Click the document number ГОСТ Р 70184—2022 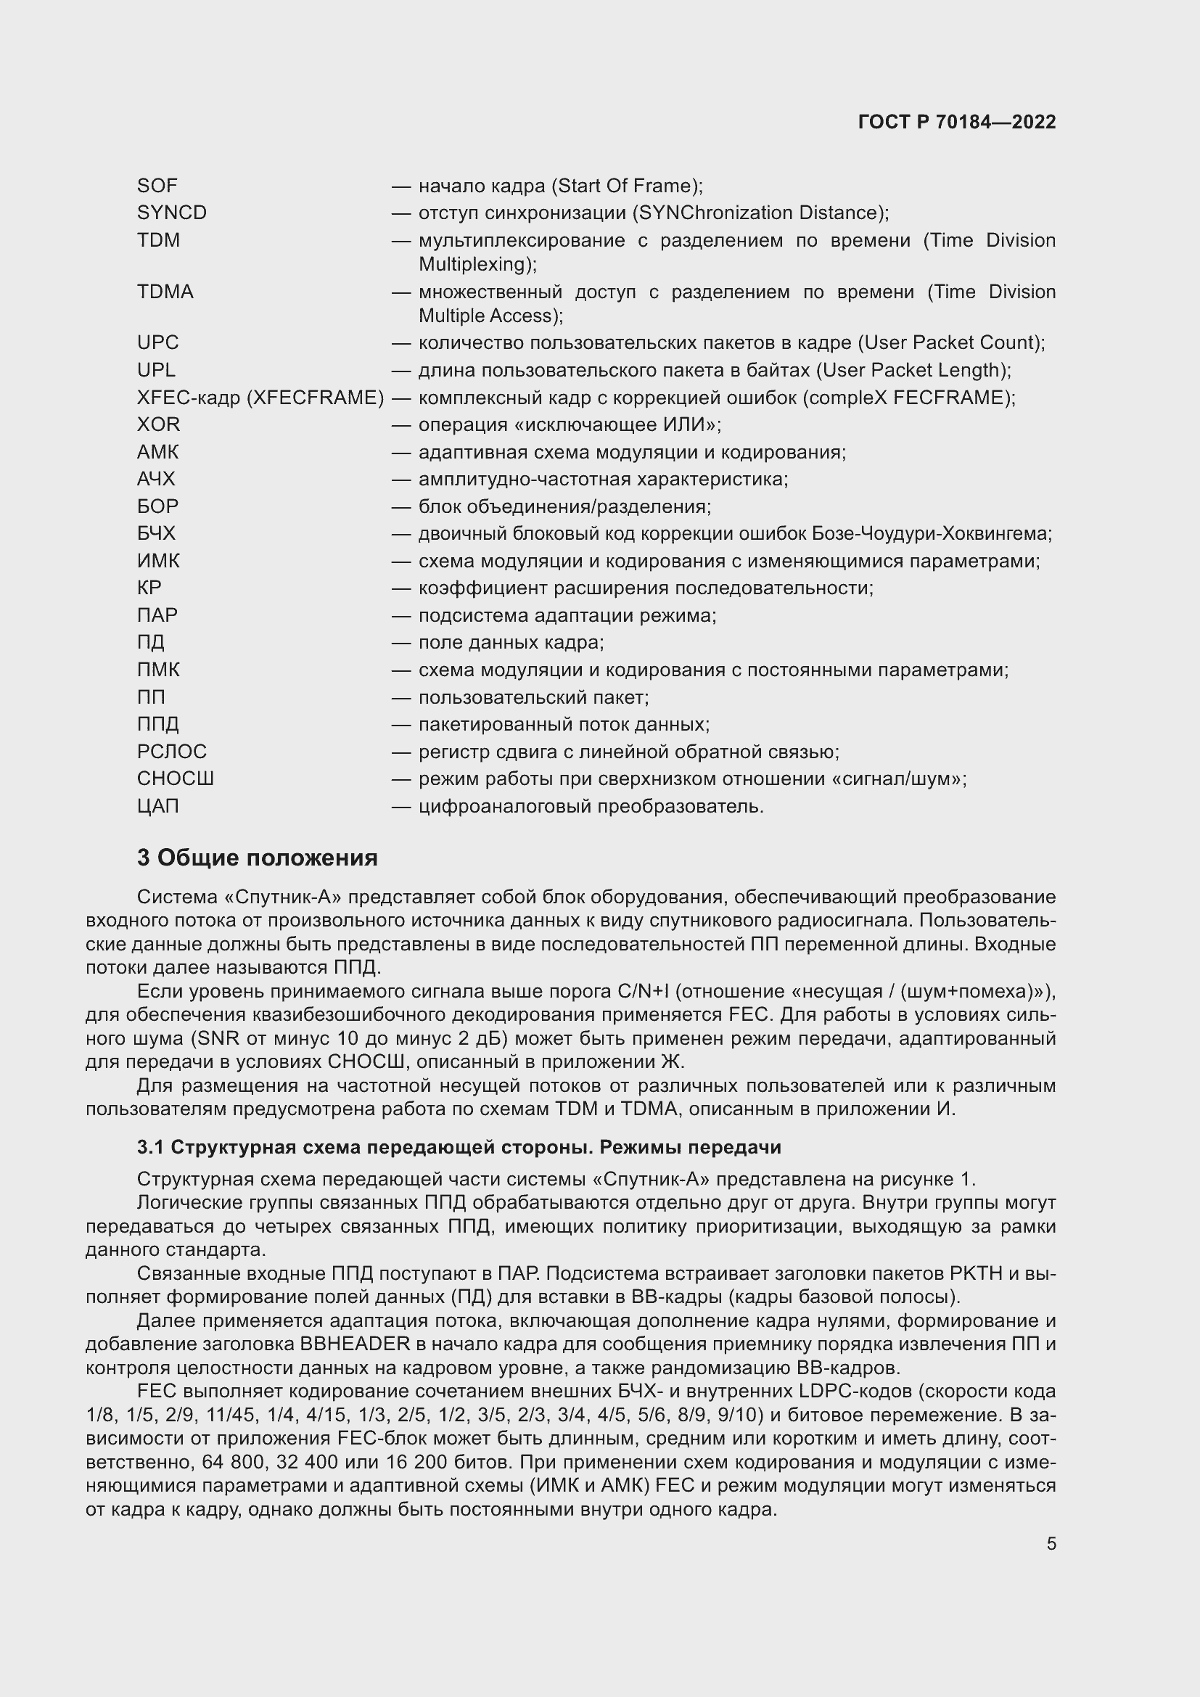pos(957,122)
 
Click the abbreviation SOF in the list pos(157,186)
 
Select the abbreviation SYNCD pos(171,213)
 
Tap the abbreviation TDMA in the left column pos(165,292)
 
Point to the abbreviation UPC pos(157,343)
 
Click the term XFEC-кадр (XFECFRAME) pos(260,398)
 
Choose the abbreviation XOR pos(158,425)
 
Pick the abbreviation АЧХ pos(156,480)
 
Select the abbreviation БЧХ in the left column pos(156,534)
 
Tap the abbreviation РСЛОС pos(171,752)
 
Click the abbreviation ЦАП pos(157,806)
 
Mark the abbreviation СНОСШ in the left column pos(175,779)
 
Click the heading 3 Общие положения pos(257,858)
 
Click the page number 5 pos(1051,1544)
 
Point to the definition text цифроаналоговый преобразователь pos(591,806)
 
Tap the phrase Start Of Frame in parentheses pos(628,186)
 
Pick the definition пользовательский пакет pos(533,698)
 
